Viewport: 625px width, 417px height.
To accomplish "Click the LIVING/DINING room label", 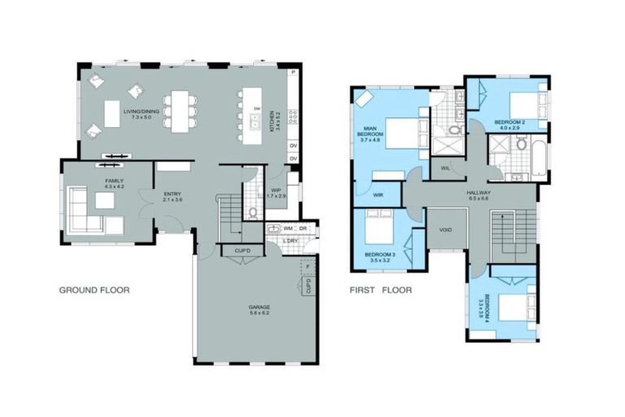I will click(x=141, y=114).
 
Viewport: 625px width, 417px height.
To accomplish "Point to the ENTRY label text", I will click(x=172, y=195).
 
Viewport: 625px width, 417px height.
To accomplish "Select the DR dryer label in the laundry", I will click(x=302, y=229).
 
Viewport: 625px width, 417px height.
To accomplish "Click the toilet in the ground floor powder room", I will click(x=253, y=213).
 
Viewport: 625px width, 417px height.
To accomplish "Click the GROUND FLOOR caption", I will click(x=94, y=290).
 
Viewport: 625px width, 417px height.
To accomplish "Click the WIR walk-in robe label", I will click(x=378, y=195).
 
